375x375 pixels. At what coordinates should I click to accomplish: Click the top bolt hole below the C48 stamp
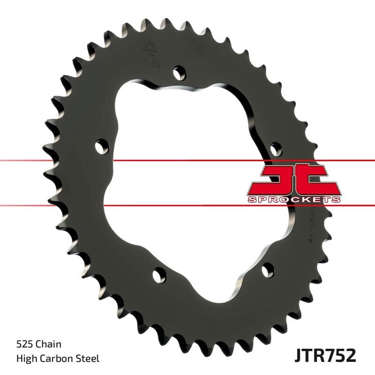coord(179,73)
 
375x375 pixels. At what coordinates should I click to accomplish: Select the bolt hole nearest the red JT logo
coord(276,149)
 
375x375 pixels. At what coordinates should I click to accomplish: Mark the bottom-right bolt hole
coord(268,270)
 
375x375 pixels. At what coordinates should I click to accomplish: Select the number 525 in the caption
coord(24,345)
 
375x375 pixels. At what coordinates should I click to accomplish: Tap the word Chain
coord(49,345)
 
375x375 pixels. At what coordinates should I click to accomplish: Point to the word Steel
coord(88,359)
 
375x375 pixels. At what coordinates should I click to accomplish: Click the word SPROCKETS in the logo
coord(294,199)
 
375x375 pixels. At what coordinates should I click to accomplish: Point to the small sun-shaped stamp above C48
coord(150,48)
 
